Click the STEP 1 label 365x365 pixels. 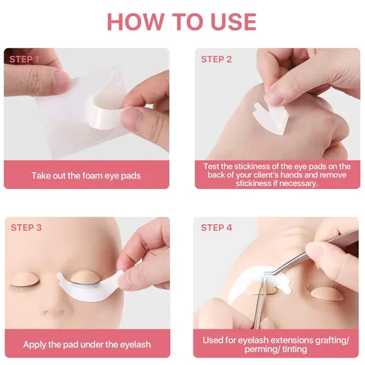24,59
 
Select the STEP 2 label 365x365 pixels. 216,59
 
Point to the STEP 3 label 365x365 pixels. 26,228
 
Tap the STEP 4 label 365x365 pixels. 217,228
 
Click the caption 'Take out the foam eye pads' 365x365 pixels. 86,176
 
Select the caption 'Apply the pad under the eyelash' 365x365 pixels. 87,345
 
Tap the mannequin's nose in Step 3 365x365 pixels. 53,308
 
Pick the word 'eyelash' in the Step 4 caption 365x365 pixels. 253,340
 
